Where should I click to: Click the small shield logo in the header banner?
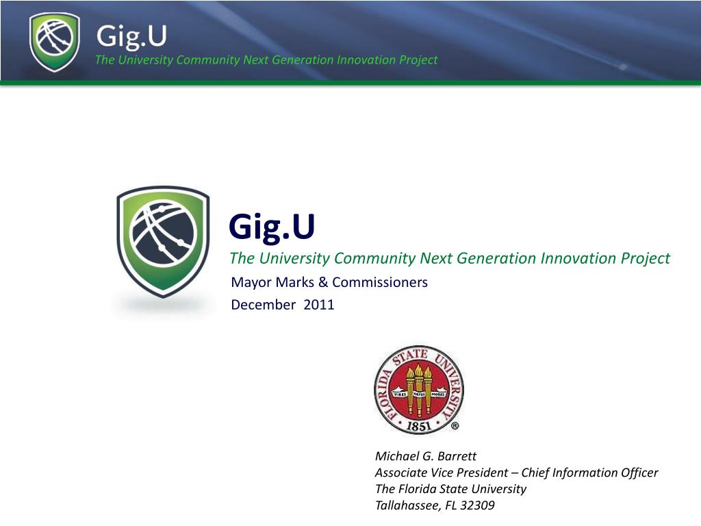click(55, 42)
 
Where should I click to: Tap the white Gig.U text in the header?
click(131, 36)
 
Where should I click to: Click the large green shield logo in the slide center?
click(163, 242)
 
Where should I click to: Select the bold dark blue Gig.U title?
click(272, 227)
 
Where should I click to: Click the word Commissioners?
click(380, 282)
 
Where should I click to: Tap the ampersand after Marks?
click(323, 282)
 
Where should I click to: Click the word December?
click(264, 305)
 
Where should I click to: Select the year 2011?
click(319, 305)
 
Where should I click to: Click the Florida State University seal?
click(418, 390)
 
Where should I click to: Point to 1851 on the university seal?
click(418, 425)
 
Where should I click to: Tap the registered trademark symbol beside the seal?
click(455, 426)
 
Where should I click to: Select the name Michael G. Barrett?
click(426, 456)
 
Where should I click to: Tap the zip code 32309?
click(477, 505)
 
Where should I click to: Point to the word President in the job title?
click(481, 473)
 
